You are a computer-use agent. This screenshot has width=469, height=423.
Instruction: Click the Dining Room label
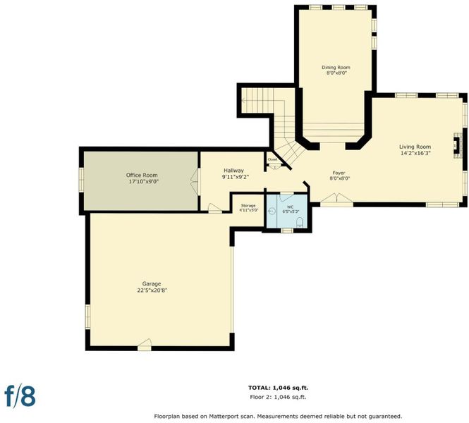[x=336, y=67]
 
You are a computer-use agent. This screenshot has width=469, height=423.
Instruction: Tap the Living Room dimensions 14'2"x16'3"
[x=415, y=154]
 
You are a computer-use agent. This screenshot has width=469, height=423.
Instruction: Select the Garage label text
[x=152, y=283]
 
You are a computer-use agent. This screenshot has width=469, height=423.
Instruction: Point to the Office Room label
[x=142, y=175]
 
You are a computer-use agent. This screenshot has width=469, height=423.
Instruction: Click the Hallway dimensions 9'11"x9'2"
[x=236, y=177]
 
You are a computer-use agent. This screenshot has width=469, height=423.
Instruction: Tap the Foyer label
[x=339, y=173]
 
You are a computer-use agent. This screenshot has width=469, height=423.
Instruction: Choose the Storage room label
[x=248, y=206]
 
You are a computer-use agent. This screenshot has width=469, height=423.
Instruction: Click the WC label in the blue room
[x=290, y=207]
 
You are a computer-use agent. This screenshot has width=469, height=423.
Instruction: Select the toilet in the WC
[x=300, y=222]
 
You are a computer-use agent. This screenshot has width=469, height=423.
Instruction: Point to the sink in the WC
[x=272, y=211]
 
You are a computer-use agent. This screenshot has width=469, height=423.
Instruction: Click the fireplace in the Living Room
[x=456, y=145]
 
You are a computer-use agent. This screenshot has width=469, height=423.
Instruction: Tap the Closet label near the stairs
[x=272, y=159]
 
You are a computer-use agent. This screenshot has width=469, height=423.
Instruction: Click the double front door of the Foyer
[x=337, y=200]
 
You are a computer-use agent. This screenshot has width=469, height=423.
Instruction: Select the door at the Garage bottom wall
[x=145, y=345]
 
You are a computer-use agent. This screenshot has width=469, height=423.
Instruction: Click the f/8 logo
[x=20, y=396]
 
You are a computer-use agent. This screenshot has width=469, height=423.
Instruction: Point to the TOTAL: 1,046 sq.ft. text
[x=278, y=388]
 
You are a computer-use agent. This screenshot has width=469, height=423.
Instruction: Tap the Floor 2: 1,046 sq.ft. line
[x=278, y=397]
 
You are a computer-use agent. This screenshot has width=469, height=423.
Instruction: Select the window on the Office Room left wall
[x=81, y=180]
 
